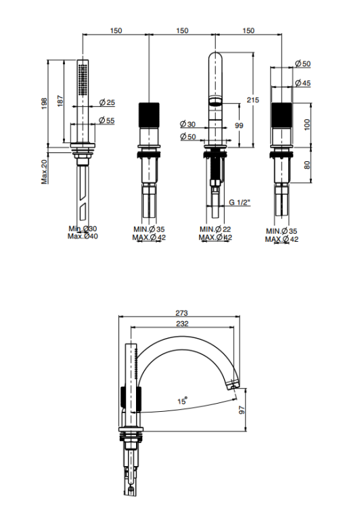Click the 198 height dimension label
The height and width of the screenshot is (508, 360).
click(x=44, y=104)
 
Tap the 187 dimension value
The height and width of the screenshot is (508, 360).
click(x=60, y=101)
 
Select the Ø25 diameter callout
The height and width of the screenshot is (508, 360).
click(x=107, y=102)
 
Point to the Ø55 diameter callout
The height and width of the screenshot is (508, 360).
click(x=107, y=120)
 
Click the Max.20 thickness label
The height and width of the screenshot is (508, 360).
click(x=44, y=172)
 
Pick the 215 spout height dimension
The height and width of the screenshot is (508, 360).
click(x=253, y=100)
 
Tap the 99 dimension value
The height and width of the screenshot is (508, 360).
click(x=239, y=125)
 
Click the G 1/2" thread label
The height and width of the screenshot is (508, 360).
click(x=240, y=203)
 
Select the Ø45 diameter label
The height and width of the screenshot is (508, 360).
click(x=302, y=83)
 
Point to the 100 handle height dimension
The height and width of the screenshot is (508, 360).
click(x=307, y=125)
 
